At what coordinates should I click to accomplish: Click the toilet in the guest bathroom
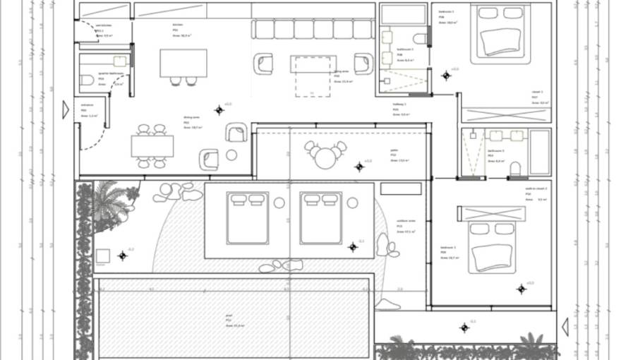tap(87, 80)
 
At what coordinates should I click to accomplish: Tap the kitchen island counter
tap(183, 62)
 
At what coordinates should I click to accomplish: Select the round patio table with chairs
tap(325, 156)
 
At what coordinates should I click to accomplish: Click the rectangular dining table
tap(152, 146)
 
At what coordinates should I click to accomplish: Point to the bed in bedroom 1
tap(502, 34)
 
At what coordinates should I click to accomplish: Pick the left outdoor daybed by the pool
tap(247, 217)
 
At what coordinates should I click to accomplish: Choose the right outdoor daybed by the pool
tap(320, 217)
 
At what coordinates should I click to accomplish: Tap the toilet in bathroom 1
tap(421, 38)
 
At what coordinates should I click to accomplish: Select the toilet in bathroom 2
tap(514, 168)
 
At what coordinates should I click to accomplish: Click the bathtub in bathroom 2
tap(540, 151)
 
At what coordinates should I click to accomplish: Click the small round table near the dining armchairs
tap(231, 155)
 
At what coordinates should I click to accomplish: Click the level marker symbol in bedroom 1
tap(446, 75)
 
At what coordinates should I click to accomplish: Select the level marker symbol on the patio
tap(359, 167)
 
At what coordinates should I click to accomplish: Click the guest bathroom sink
tap(120, 61)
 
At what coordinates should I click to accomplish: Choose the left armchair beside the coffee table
tap(263, 64)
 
